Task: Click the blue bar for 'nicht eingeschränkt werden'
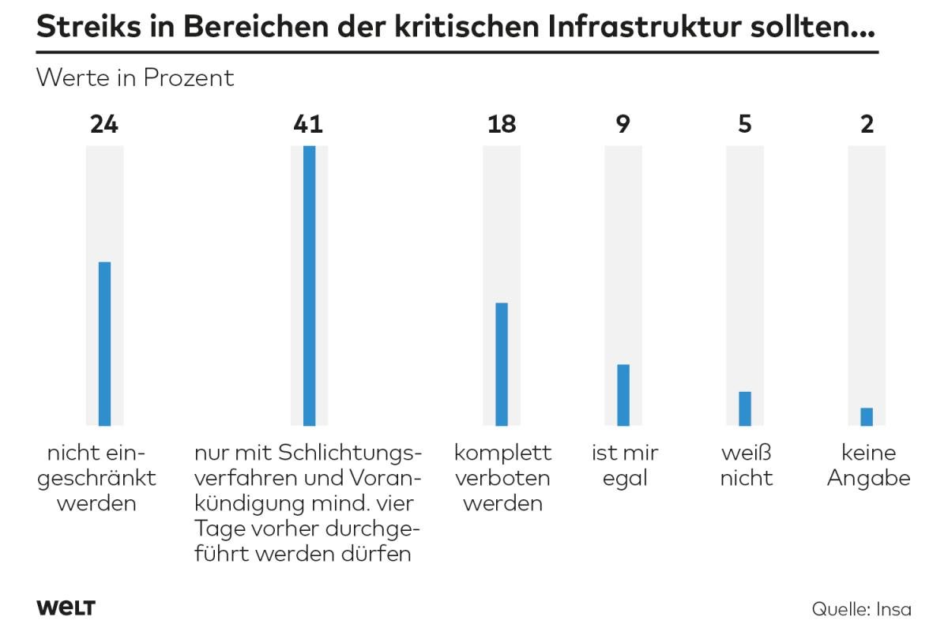click(104, 344)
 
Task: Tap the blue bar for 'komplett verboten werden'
click(502, 364)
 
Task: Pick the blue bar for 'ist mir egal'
click(623, 395)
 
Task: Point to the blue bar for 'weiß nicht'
click(745, 408)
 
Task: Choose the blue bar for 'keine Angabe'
click(867, 416)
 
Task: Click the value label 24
click(104, 124)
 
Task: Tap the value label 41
click(308, 124)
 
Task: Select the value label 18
click(502, 124)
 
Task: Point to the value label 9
click(623, 124)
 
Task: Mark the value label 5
click(745, 124)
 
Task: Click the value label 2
click(867, 124)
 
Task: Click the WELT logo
click(66, 608)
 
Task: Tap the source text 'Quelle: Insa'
click(861, 609)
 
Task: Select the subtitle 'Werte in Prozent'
click(135, 78)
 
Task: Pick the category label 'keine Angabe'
click(868, 466)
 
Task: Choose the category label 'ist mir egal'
click(625, 466)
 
